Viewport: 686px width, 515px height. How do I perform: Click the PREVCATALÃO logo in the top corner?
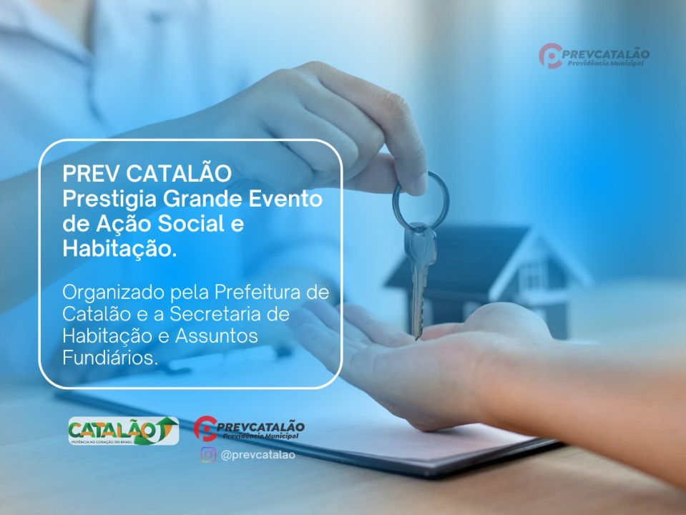point(594,56)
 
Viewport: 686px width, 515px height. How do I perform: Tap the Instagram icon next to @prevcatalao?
point(208,455)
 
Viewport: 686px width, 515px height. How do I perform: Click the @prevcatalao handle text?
point(257,455)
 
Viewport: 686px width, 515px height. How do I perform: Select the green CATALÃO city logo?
point(122,431)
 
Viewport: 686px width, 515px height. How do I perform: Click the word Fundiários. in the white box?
point(109,357)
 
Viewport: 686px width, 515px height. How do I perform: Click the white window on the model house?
point(533,273)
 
